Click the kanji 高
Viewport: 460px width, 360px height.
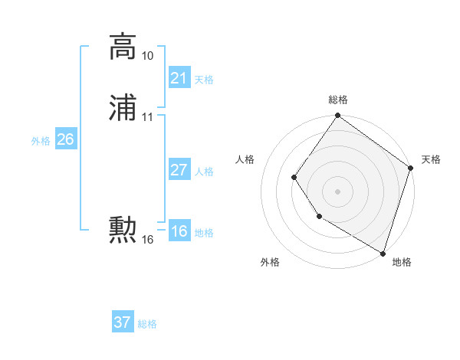coord(123,47)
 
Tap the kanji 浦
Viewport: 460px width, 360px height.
coord(123,108)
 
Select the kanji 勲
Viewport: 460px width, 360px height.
coord(123,230)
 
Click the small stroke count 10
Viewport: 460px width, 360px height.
coord(148,56)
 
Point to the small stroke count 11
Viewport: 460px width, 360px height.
coord(148,117)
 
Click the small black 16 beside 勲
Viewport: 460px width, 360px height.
coord(148,240)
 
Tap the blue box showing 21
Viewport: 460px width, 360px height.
coord(179,78)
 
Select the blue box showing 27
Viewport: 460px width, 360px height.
coord(179,170)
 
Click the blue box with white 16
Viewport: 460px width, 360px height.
coord(179,231)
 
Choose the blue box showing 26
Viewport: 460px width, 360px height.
coord(66,139)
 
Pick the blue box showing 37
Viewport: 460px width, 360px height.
coord(123,322)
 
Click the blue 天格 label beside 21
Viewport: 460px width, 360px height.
coord(204,80)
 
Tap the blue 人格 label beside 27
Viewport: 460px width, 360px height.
coord(204,172)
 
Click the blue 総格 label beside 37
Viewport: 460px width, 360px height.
coord(147,324)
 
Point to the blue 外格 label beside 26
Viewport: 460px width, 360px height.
coord(41,141)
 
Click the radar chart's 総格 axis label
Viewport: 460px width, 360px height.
coord(338,100)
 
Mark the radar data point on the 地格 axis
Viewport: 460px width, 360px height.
coord(383,253)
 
